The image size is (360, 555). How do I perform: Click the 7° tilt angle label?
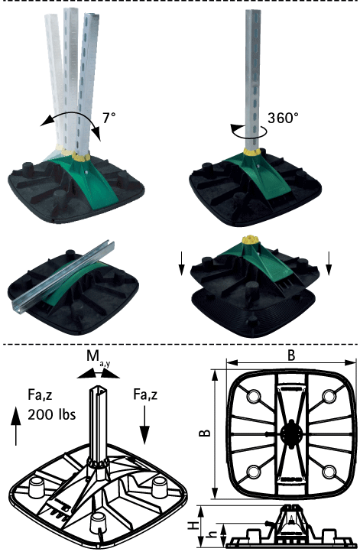[x=109, y=118]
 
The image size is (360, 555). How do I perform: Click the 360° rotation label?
[x=283, y=118]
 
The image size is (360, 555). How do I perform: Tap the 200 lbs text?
[x=52, y=414]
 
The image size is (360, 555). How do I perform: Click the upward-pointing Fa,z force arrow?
[x=16, y=426]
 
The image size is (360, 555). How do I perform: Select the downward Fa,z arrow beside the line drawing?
[x=144, y=425]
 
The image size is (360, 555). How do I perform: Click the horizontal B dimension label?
[x=291, y=355]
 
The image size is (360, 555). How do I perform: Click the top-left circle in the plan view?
[x=254, y=396]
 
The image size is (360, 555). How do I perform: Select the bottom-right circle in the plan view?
[x=329, y=472]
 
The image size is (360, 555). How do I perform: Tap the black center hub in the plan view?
[x=291, y=432]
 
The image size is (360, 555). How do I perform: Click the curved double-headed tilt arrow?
[x=71, y=119]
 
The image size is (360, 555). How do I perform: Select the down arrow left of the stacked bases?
[x=181, y=263]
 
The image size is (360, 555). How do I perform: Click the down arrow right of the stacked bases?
[x=329, y=263]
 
